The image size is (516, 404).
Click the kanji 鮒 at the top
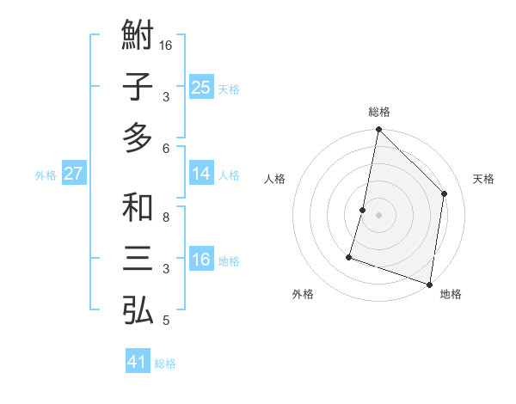138,37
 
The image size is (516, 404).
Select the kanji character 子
138,88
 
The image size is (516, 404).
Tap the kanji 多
138,138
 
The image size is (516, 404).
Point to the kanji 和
138,208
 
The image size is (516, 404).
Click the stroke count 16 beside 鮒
167,45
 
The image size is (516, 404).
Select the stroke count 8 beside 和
167,217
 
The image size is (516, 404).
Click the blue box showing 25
201,88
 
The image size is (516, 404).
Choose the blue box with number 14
201,174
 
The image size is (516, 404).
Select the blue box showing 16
201,260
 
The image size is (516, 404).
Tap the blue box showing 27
74,174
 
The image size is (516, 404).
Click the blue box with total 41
138,362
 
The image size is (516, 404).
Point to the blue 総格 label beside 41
165,364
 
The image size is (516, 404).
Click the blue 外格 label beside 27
46,175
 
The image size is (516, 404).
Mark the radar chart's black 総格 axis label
379,112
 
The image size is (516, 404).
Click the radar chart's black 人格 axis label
275,179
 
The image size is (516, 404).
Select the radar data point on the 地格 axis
429,283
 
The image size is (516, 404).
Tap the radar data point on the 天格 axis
445,193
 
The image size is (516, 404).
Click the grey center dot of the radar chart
378,215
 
